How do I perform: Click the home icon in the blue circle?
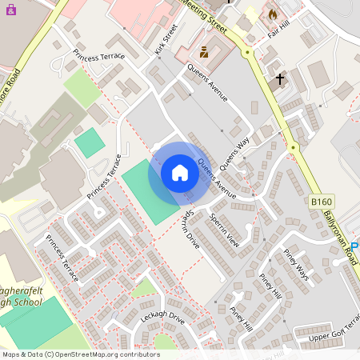click(x=180, y=173)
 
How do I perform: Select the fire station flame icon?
click(x=272, y=14)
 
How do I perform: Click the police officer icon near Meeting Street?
click(x=204, y=53)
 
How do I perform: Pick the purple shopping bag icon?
click(x=10, y=18)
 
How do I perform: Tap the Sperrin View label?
click(x=223, y=229)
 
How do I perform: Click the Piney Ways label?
click(x=295, y=264)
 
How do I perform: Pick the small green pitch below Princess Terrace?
click(x=90, y=142)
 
